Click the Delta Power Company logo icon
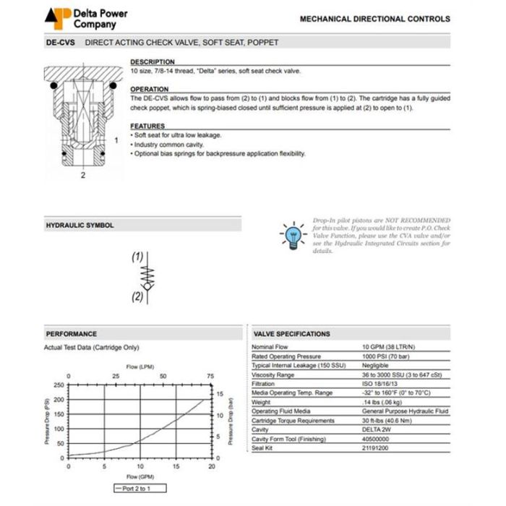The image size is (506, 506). coord(58,17)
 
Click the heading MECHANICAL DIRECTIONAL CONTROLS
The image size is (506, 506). coord(374,20)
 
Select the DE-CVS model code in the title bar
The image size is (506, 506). coord(59,43)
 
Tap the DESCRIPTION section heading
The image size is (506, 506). coord(152,62)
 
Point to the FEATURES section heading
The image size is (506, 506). coord(147,126)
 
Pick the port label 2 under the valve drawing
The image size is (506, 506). coord(82,175)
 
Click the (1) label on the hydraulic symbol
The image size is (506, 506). coord(137,257)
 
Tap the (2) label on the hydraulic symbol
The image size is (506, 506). coord(137,297)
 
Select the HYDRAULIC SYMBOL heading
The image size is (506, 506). coord(80,226)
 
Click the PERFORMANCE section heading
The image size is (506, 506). coord(72,334)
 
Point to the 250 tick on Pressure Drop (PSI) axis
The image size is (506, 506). coord(59,385)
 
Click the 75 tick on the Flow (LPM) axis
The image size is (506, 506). coord(211,377)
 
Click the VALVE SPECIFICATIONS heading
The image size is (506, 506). coord(292,334)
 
